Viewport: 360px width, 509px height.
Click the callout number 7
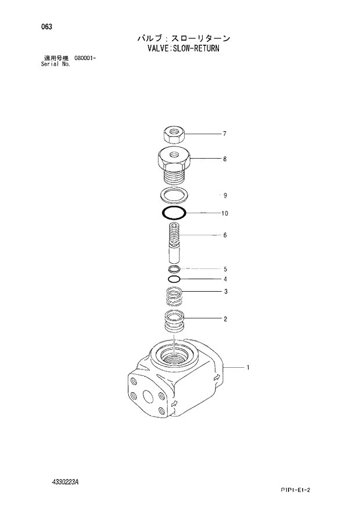coord(224,134)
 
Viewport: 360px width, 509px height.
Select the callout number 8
coord(224,159)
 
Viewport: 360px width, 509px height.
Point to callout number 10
coord(224,213)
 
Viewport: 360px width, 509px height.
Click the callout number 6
coord(224,235)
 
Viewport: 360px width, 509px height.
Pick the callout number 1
coord(248,367)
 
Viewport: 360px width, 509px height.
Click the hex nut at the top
coord(172,135)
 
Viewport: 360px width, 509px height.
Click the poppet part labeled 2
coord(174,321)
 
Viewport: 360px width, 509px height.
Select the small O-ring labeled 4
coord(174,279)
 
